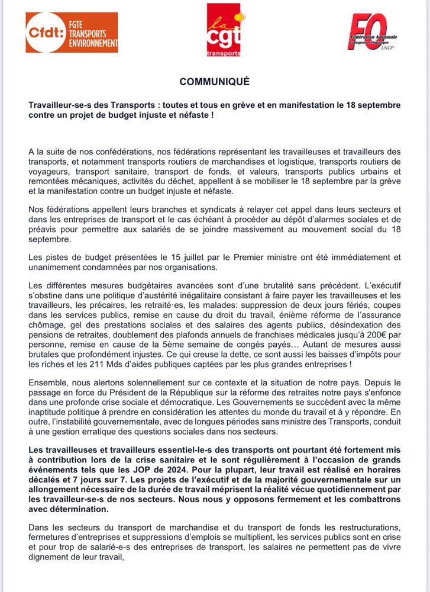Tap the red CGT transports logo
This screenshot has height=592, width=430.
point(224,30)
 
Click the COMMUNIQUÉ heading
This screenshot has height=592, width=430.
point(215,82)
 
